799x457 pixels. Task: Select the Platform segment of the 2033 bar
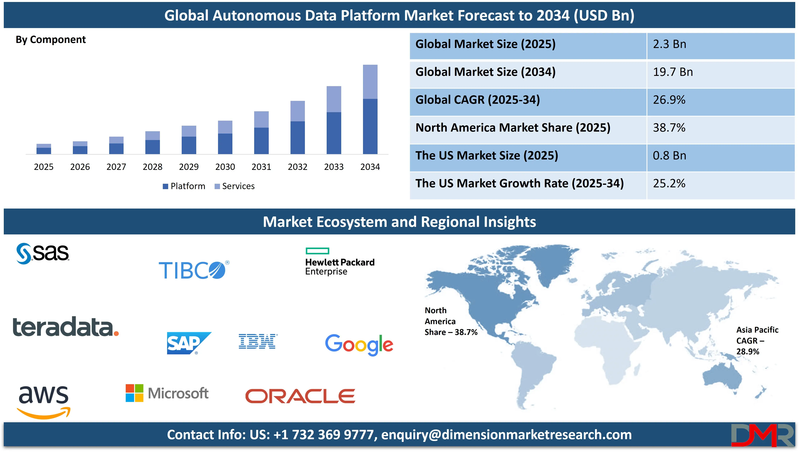pyautogui.click(x=334, y=133)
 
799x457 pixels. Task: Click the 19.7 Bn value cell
pyautogui.click(x=673, y=72)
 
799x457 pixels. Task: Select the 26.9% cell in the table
pyautogui.click(x=669, y=100)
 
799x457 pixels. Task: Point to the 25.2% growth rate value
pyautogui.click(x=669, y=183)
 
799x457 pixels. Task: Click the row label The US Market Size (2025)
pyautogui.click(x=487, y=156)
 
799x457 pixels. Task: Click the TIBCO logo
pyautogui.click(x=194, y=270)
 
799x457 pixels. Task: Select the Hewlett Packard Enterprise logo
pyautogui.click(x=340, y=262)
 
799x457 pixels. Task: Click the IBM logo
pyautogui.click(x=257, y=342)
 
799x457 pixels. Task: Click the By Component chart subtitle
pyautogui.click(x=51, y=40)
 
